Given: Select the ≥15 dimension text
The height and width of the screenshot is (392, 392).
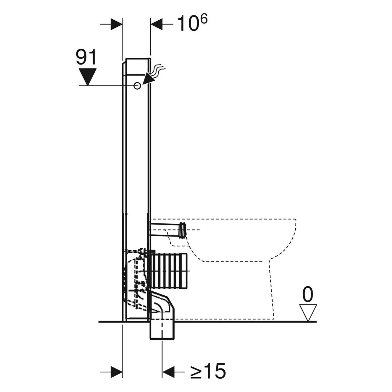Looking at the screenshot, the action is pos(208,371).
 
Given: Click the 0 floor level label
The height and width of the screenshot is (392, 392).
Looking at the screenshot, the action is pos(308,294).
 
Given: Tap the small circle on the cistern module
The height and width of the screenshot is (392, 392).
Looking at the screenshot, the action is pos(137,85).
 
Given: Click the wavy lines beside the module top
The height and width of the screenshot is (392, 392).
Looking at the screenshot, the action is pos(158,70).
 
